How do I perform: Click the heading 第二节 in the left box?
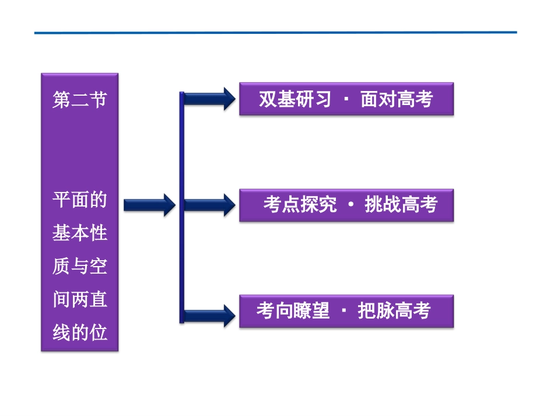pyautogui.click(x=80, y=100)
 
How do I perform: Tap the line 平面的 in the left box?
pyautogui.click(x=80, y=200)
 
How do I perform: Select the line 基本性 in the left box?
pyautogui.click(x=80, y=233)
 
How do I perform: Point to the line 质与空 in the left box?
pyautogui.click(x=80, y=267)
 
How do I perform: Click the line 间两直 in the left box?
pyautogui.click(x=80, y=300)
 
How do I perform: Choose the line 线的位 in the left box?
pyautogui.click(x=80, y=333)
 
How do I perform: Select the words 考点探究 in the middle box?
pyautogui.click(x=299, y=205)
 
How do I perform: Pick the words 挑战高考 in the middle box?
pyautogui.click(x=401, y=205)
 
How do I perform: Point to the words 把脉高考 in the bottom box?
pyautogui.click(x=394, y=310)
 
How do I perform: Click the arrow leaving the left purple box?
pyautogui.click(x=149, y=204)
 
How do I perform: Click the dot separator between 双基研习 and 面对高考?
pyautogui.click(x=346, y=100)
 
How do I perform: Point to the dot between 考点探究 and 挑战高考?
pyautogui.click(x=350, y=205)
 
